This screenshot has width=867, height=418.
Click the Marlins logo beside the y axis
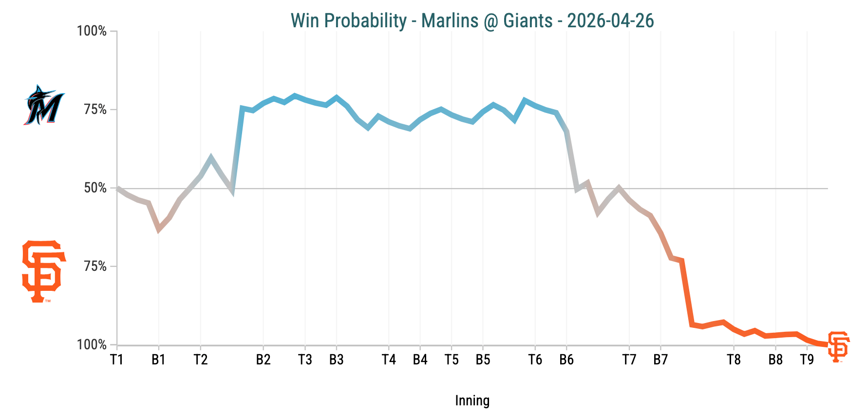click(44, 105)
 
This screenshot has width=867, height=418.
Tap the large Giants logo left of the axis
click(43, 271)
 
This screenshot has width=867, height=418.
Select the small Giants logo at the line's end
click(839, 346)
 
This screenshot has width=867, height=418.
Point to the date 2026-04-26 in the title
click(610, 21)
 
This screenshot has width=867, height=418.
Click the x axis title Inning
click(472, 400)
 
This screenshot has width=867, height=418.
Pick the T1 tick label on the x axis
click(116, 360)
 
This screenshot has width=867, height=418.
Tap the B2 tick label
click(263, 360)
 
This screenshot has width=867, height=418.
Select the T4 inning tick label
click(389, 360)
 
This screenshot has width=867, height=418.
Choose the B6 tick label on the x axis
click(566, 360)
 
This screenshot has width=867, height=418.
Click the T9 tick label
click(807, 360)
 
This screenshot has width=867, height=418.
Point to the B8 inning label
click(775, 360)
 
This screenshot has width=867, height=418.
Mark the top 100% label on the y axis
click(92, 31)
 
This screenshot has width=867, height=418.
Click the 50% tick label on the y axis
click(95, 188)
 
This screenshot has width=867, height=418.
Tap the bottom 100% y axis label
click(92, 345)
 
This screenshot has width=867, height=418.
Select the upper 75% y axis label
click(95, 110)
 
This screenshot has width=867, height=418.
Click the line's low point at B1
click(159, 229)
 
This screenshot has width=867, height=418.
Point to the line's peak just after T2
click(211, 158)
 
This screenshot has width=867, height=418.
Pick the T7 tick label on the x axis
click(629, 360)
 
